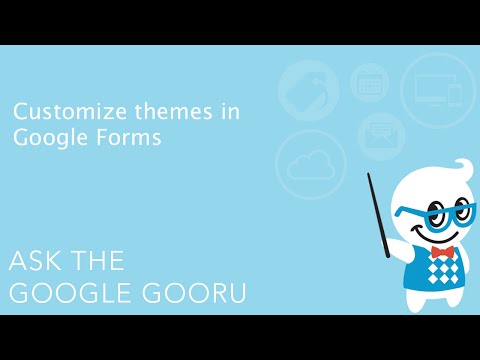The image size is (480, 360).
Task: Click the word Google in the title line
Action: (45, 139)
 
